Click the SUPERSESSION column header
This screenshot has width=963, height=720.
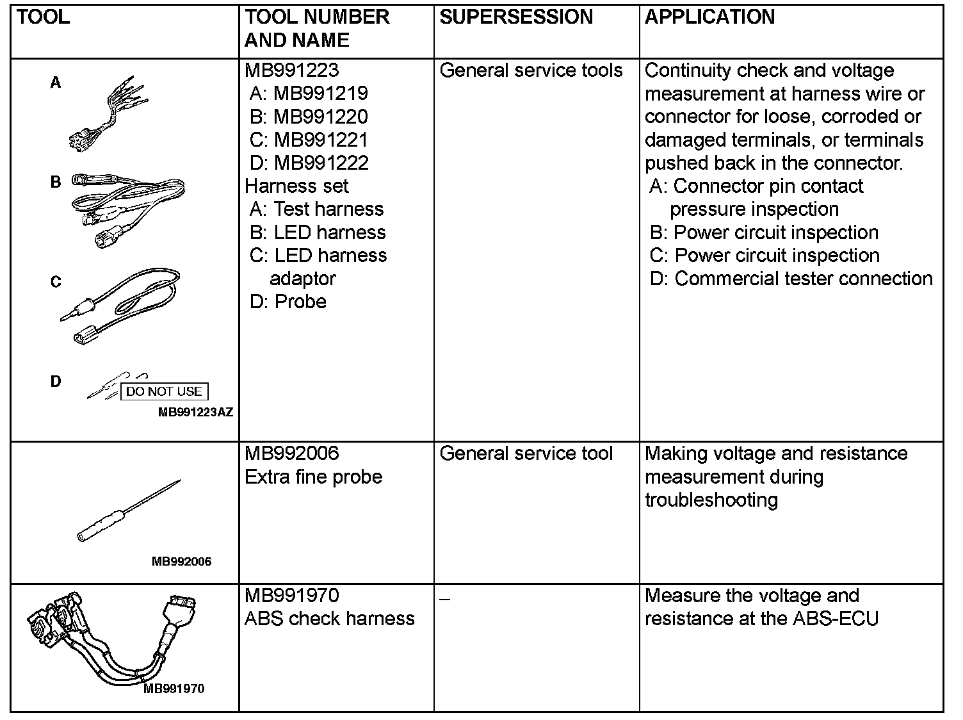pyautogui.click(x=516, y=17)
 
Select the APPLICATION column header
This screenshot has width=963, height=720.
pyautogui.click(x=709, y=17)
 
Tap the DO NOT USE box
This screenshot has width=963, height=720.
pyautogui.click(x=164, y=391)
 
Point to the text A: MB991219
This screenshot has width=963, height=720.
pyautogui.click(x=309, y=94)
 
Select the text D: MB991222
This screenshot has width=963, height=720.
pyautogui.click(x=309, y=163)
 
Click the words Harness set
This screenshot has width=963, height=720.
pyautogui.click(x=296, y=186)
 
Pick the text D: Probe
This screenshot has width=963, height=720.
pyautogui.click(x=288, y=301)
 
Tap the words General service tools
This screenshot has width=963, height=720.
pyautogui.click(x=531, y=70)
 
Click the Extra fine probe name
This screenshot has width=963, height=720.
pyautogui.click(x=313, y=477)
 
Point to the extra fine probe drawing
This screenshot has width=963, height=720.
pyautogui.click(x=128, y=512)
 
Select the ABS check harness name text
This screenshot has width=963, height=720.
pyautogui.click(x=329, y=619)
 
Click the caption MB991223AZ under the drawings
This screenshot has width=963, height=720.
pyautogui.click(x=195, y=413)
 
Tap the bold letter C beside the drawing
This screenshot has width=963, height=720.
pyautogui.click(x=56, y=282)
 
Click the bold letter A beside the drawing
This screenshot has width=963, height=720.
pyautogui.click(x=56, y=83)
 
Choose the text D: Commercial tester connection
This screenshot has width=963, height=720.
pyautogui.click(x=791, y=279)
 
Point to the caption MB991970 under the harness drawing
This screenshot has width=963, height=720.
pyautogui.click(x=174, y=689)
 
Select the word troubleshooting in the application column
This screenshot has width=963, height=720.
pyautogui.click(x=711, y=500)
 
